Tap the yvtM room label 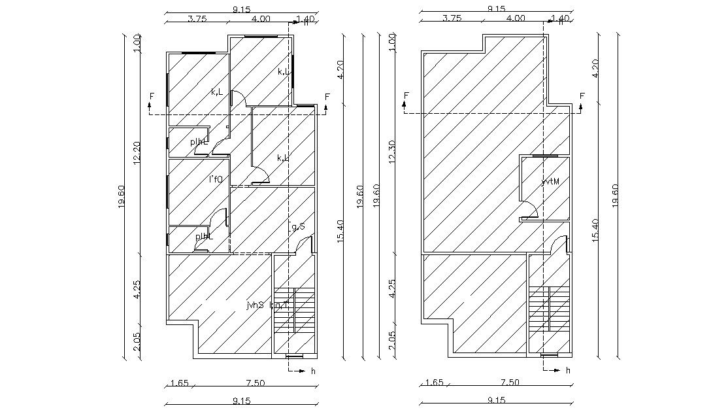point(550,181)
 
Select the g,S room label point(298,227)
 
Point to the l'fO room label point(216,179)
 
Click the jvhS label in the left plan point(255,305)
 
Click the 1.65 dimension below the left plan point(180,383)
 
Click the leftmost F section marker point(152,97)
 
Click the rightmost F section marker point(582,97)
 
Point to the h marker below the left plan point(313,371)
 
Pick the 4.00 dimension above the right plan point(516,19)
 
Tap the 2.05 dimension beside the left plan point(137,341)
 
